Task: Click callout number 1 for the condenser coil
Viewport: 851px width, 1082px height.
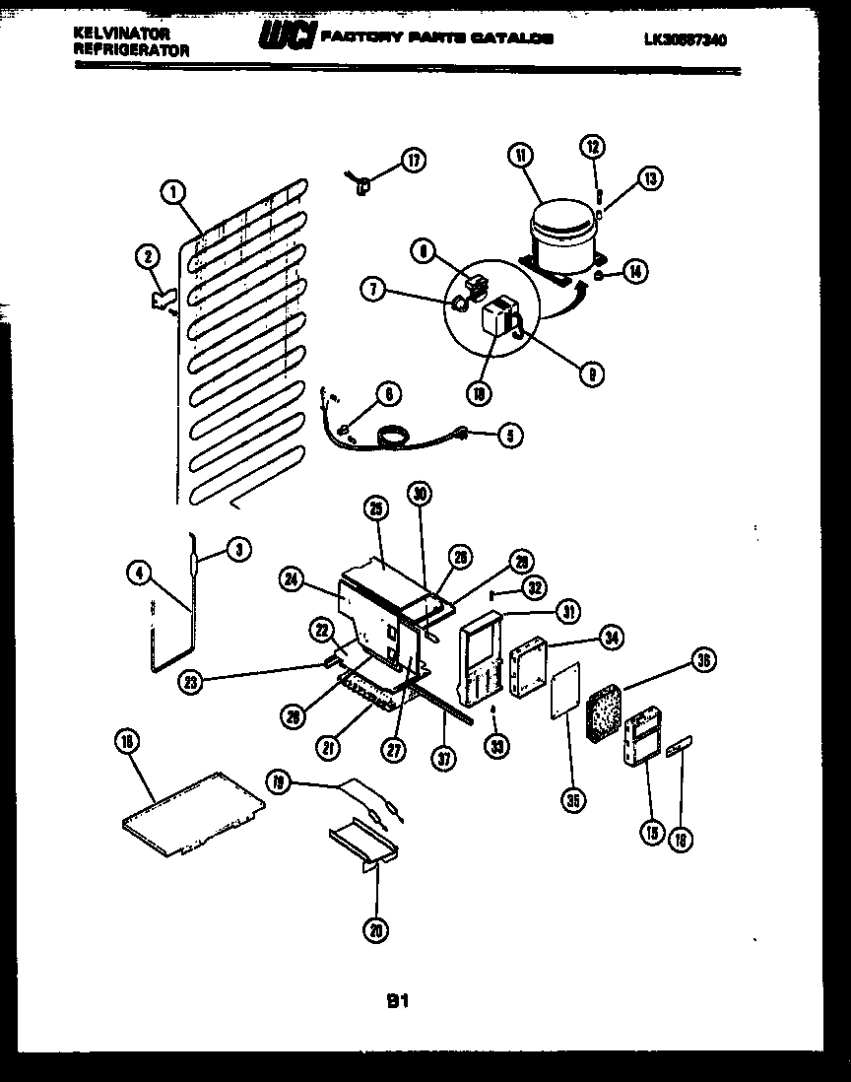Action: click(173, 194)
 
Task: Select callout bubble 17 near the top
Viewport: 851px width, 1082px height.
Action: click(414, 161)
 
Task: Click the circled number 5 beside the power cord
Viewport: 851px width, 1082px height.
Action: click(510, 433)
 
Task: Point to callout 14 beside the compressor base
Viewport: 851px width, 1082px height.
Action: click(634, 273)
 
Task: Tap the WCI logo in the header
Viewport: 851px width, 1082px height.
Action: click(286, 37)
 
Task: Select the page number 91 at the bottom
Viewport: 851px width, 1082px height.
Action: click(397, 1001)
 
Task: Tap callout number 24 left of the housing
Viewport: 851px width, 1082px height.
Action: click(291, 581)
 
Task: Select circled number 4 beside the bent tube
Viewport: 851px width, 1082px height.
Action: click(140, 572)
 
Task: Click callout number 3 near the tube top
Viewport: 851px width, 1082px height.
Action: click(238, 551)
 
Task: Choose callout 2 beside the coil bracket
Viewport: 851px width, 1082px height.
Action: click(147, 258)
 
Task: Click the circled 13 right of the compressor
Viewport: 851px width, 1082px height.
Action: click(649, 178)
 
